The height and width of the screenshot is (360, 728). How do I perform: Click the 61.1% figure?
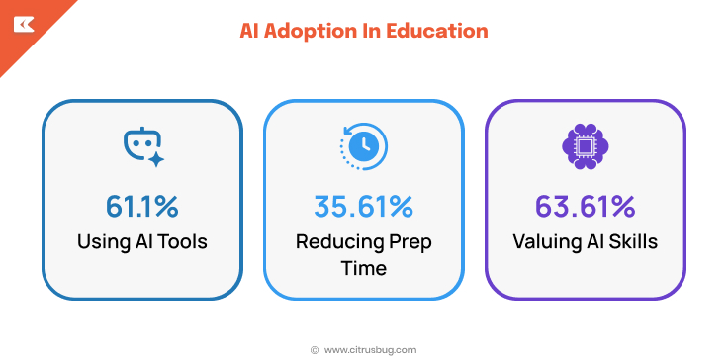pos(142,206)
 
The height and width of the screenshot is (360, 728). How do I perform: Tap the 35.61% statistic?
pos(363,206)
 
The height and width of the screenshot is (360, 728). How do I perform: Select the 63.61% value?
pos(585,206)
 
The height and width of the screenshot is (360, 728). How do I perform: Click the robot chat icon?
pos(141,147)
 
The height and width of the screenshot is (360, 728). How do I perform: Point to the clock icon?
pos(362,146)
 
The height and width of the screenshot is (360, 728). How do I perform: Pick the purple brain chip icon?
pos(585,146)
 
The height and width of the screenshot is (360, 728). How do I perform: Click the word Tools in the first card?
pos(182,241)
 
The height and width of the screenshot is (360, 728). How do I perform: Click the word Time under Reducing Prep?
pos(363,267)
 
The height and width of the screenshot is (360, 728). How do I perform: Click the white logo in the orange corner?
pos(22,22)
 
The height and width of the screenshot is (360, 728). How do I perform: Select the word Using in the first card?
pos(102,241)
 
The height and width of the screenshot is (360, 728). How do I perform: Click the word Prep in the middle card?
pos(409,241)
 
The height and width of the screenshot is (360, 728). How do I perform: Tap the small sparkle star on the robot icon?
pos(155,157)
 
